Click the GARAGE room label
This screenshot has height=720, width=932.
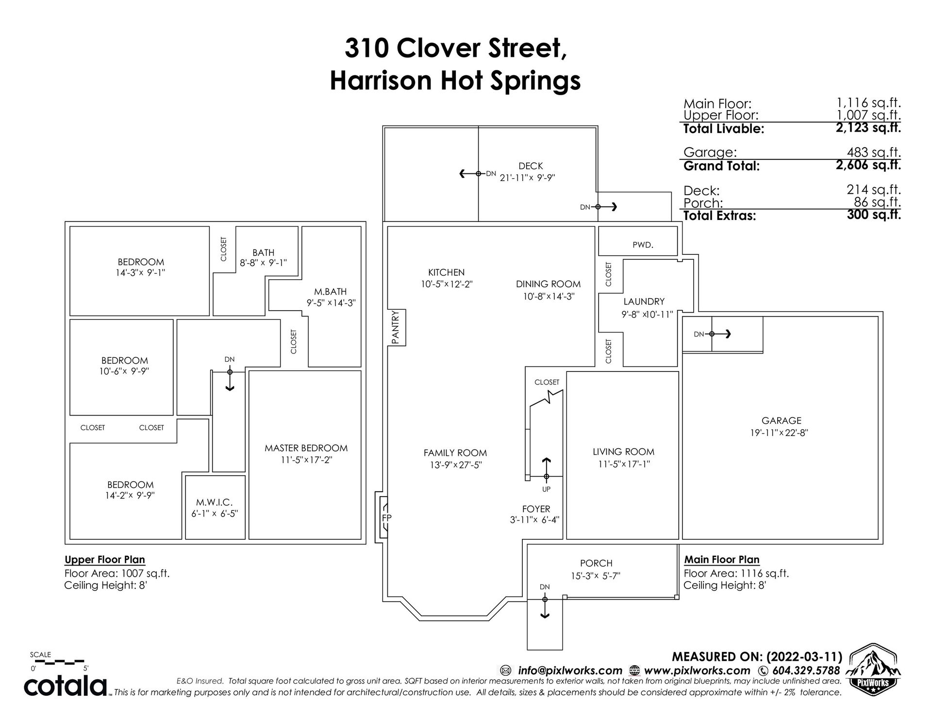coord(781,421)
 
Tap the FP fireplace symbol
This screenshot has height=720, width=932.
coord(386,518)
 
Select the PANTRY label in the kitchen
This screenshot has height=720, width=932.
coord(395,328)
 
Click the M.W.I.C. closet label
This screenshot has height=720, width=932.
coord(215,502)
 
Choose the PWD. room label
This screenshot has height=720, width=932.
coord(643,245)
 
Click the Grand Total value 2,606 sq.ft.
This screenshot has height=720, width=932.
coord(868,165)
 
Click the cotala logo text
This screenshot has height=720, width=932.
coord(66,686)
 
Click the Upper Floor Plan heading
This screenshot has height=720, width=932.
coord(105,560)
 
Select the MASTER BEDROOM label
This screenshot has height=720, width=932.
coord(306,448)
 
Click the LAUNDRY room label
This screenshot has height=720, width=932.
coord(644,302)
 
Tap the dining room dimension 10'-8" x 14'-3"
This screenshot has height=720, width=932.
coord(549,296)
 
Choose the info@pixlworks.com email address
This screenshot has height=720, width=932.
coord(570,670)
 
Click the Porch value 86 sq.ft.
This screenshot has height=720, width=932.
coord(877,202)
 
